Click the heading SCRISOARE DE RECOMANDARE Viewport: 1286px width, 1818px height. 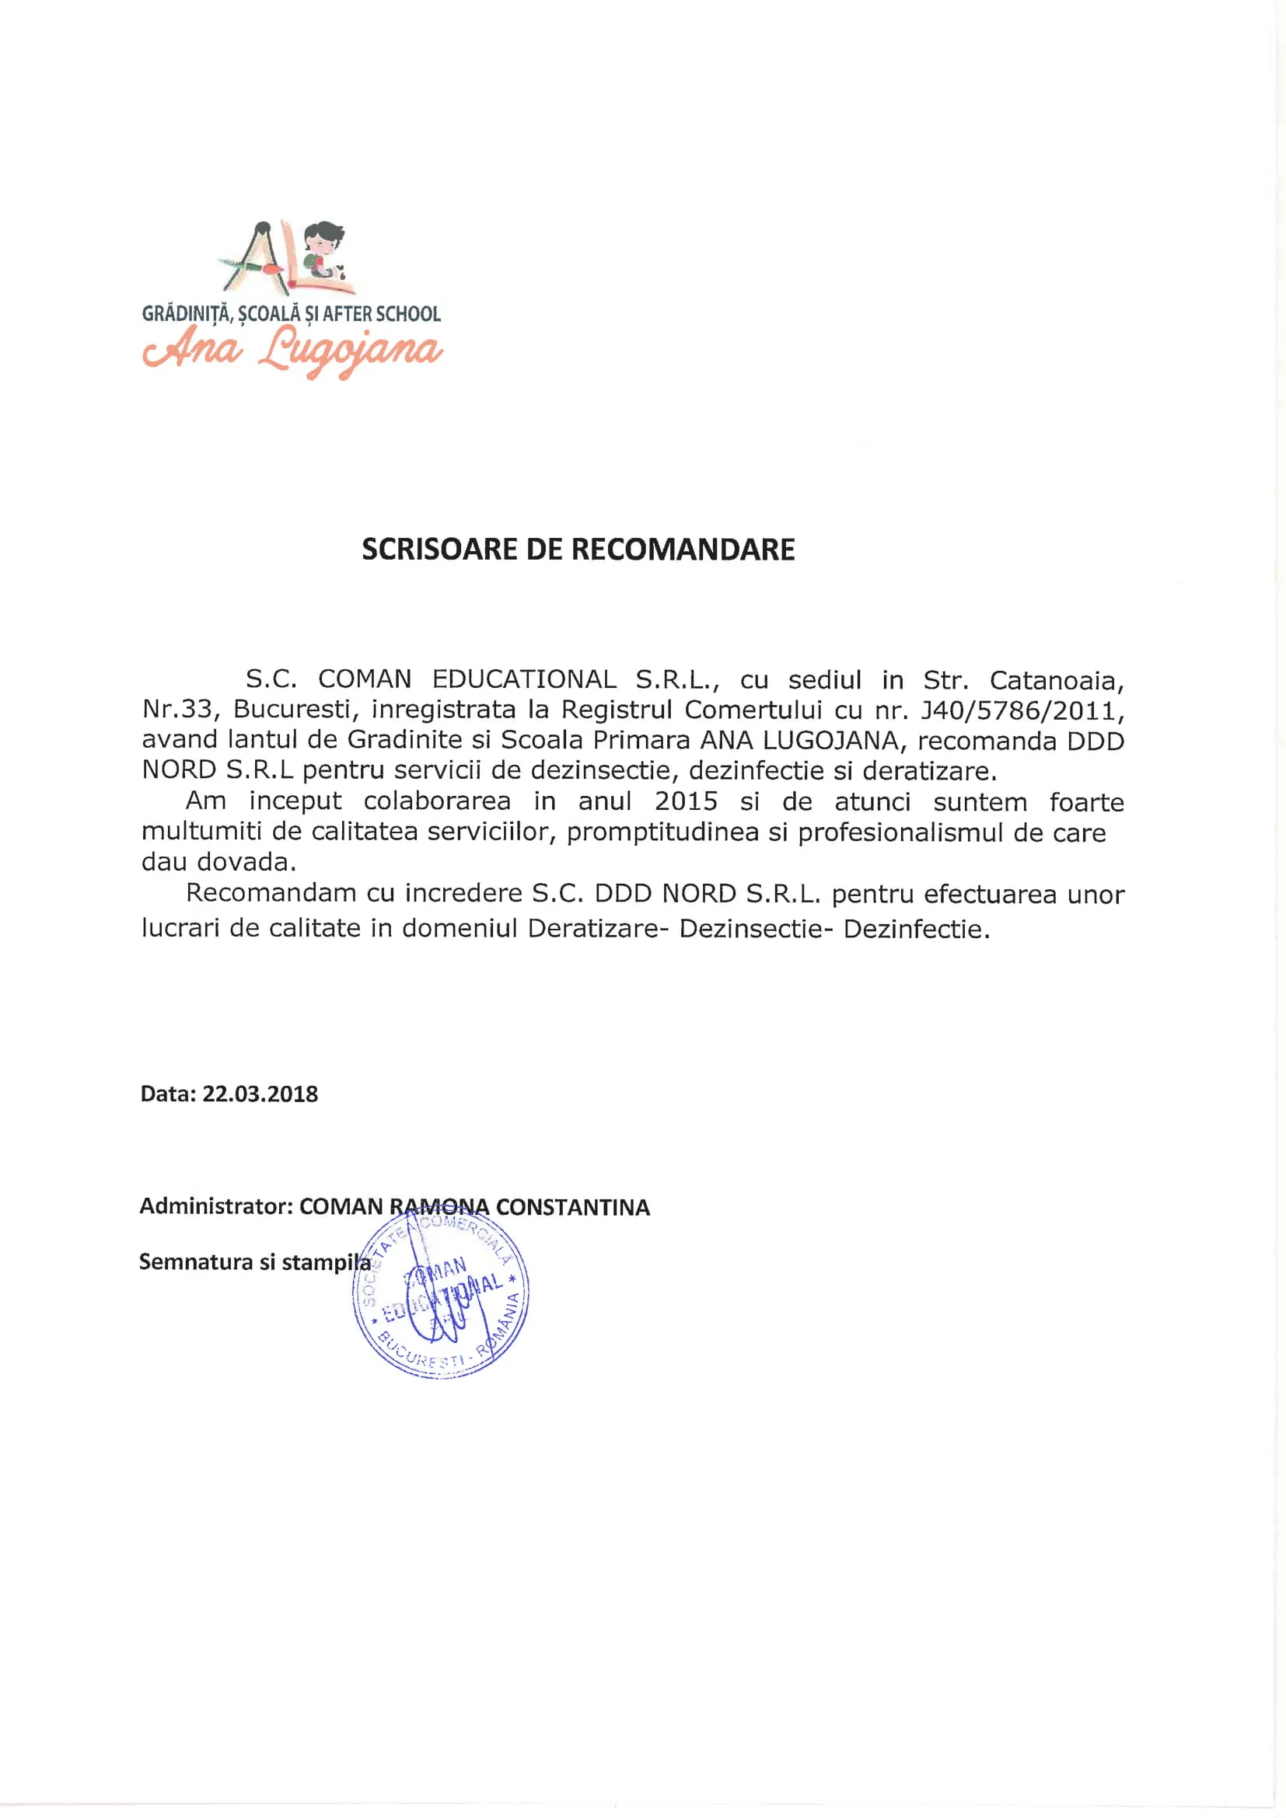[578, 550]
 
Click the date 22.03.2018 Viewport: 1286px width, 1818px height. [260, 1094]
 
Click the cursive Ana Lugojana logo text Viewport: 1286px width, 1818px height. [292, 349]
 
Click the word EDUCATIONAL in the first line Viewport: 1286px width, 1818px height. [524, 679]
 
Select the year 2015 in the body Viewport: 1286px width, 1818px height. [686, 801]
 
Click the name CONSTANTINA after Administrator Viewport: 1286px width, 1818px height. [572, 1207]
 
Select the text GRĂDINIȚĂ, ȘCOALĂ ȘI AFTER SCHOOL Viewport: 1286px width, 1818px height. [292, 313]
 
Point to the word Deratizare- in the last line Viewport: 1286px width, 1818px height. [593, 928]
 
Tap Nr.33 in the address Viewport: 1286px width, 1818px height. [177, 710]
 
